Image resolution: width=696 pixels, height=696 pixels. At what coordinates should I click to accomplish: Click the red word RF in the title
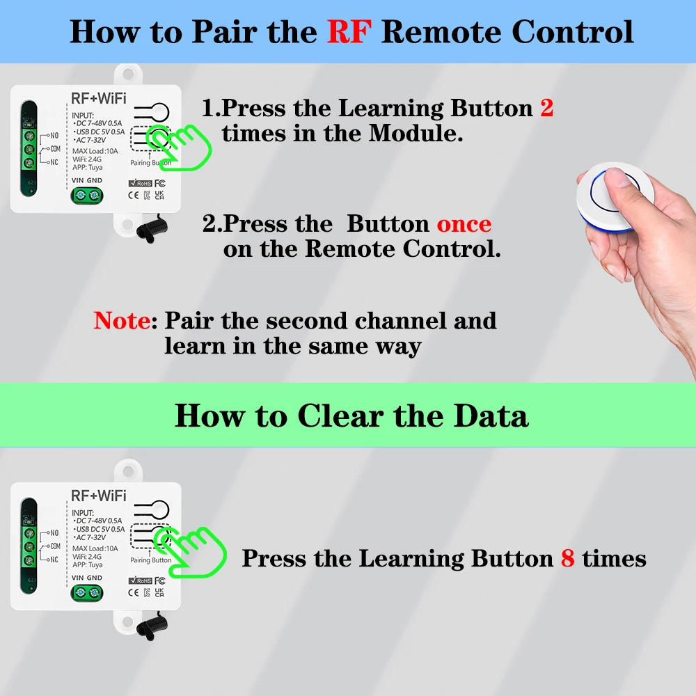pos(351,31)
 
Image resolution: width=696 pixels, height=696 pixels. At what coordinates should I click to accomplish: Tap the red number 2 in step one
pos(546,109)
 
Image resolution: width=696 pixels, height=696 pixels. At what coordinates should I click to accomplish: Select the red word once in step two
pos(464,224)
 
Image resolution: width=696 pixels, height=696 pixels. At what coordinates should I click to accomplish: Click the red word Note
pos(122,321)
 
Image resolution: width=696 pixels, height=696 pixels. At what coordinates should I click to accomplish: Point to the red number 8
pos(567,558)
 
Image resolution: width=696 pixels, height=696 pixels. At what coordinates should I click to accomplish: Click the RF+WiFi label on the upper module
pos(99,97)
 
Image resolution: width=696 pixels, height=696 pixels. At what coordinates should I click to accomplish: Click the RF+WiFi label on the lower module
pos(99,496)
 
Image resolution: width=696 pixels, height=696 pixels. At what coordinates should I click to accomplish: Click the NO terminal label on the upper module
pos(53,136)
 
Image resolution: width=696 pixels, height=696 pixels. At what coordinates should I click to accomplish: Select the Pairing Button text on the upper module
pos(151,163)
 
